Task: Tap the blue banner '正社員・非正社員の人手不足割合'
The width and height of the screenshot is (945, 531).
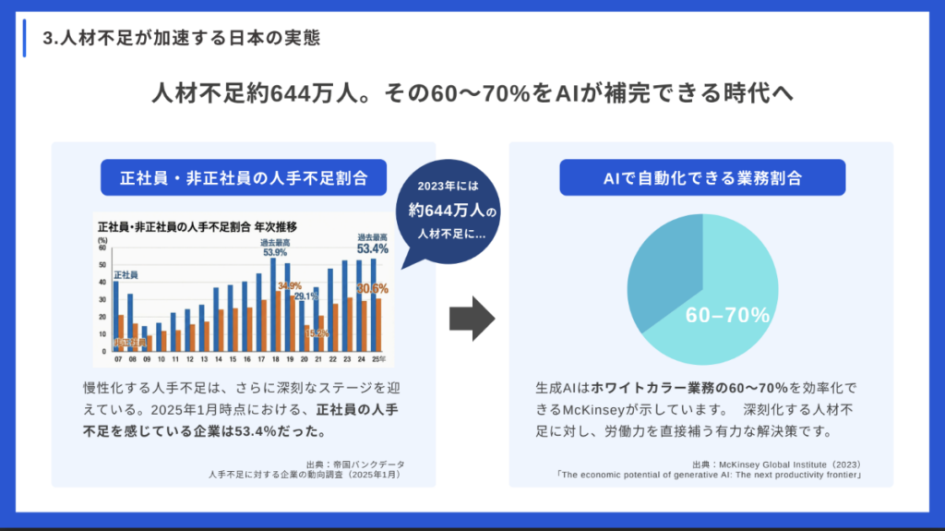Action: tap(243, 177)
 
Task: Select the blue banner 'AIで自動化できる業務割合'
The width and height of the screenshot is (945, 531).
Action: tap(702, 177)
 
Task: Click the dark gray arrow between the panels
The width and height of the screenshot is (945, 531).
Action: tap(472, 318)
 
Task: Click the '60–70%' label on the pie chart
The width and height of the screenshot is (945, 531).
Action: tap(727, 316)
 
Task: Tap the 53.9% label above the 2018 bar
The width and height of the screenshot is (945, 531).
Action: tap(274, 251)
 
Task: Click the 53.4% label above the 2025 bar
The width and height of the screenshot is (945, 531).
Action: tap(373, 248)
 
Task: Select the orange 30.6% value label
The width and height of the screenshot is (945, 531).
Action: tap(373, 288)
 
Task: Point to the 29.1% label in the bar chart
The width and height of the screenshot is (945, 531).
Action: tap(306, 296)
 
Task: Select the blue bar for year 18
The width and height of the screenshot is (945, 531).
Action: tap(273, 305)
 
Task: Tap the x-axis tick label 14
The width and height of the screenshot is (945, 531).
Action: tap(218, 358)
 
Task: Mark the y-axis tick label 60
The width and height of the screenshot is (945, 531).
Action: tap(102, 249)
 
